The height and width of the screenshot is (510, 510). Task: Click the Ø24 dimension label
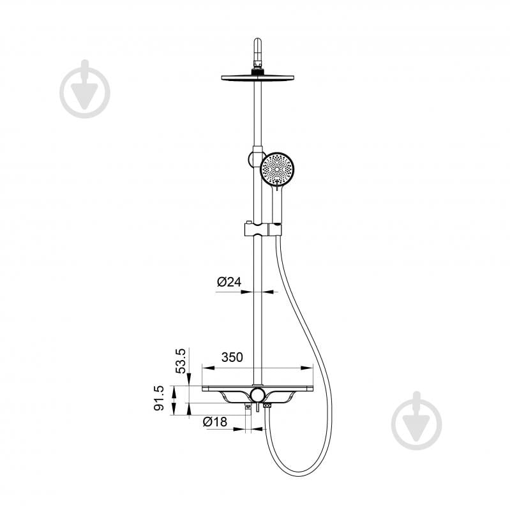click(x=229, y=281)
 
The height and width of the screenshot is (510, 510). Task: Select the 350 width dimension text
click(x=232, y=357)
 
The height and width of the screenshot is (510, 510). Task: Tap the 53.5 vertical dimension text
click(x=180, y=361)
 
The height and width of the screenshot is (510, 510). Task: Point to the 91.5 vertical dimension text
click(x=159, y=398)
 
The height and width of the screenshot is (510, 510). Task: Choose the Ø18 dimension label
click(x=215, y=422)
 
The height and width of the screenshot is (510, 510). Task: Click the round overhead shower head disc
click(x=258, y=78)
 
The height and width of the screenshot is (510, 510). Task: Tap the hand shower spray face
click(x=277, y=169)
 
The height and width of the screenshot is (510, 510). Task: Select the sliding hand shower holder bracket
click(x=262, y=229)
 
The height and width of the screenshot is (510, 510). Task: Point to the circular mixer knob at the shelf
click(x=258, y=395)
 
